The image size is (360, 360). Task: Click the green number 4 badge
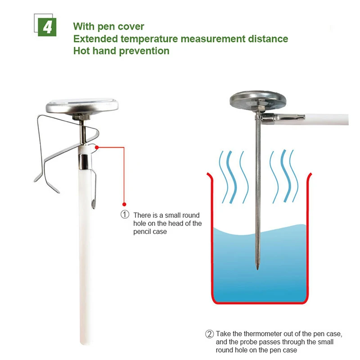pyautogui.click(x=47, y=27)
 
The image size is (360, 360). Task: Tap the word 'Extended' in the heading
pyautogui.click(x=95, y=39)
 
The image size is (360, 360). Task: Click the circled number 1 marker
pyautogui.click(x=125, y=215)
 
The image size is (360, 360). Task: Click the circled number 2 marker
pyautogui.click(x=209, y=334)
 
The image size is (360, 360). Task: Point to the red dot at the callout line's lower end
pyautogui.click(x=124, y=204)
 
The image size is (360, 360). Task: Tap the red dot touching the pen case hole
pyautogui.click(x=97, y=147)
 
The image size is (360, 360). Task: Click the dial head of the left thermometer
pyautogui.click(x=82, y=106)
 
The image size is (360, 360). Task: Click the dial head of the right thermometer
pyautogui.click(x=258, y=100)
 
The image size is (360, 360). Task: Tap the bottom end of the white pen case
pyautogui.click(x=84, y=343)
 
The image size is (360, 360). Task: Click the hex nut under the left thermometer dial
pyautogui.click(x=79, y=117)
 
